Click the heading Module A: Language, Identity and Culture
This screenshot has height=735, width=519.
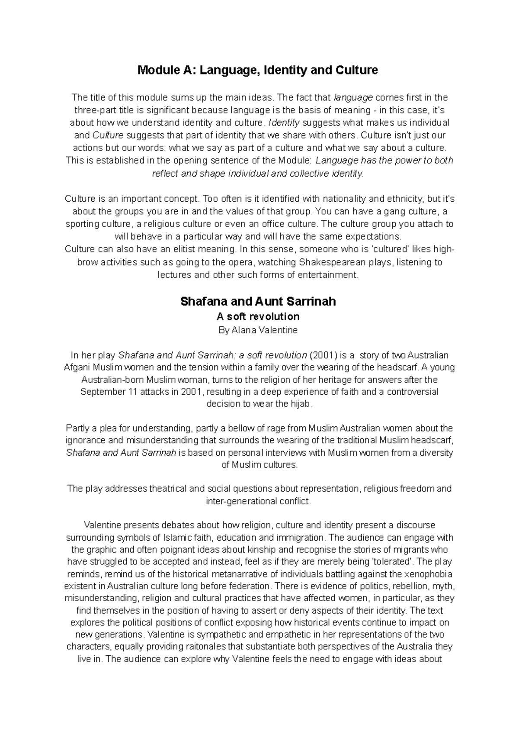pos(257,70)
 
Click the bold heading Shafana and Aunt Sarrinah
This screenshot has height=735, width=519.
pos(258,301)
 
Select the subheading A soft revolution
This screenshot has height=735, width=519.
pos(258,316)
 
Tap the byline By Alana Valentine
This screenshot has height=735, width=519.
pos(258,330)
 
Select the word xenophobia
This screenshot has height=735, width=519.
pos(427,574)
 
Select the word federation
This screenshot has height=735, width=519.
pos(250,587)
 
